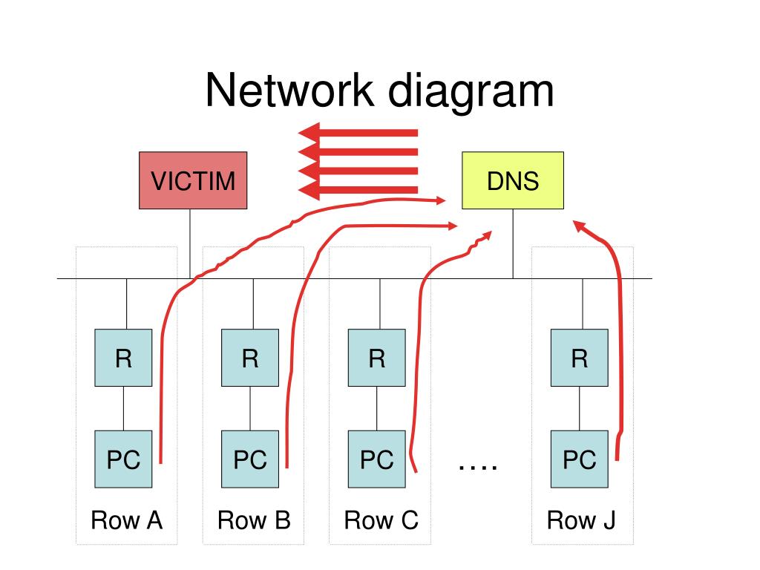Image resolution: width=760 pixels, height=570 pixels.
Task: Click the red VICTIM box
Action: (x=193, y=180)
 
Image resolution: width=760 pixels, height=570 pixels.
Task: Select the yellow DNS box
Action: (x=513, y=180)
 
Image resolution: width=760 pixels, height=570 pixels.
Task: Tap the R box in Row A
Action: (x=123, y=358)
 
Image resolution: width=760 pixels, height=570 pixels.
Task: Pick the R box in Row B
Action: (x=250, y=358)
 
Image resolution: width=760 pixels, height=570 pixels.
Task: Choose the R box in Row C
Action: (x=376, y=358)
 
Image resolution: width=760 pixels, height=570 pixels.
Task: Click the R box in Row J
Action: (x=579, y=358)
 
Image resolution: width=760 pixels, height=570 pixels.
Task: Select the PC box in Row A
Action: (x=123, y=459)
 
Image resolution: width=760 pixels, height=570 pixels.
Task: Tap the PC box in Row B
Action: (x=250, y=459)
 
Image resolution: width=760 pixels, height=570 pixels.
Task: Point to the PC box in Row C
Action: (x=376, y=459)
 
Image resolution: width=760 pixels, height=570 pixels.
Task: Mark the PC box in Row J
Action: (x=579, y=459)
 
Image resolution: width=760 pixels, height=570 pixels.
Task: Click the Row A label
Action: (x=126, y=520)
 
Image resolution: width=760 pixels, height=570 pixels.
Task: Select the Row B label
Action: (x=254, y=520)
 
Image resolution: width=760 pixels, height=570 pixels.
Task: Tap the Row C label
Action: (x=381, y=520)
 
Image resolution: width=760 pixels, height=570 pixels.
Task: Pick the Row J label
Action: (x=580, y=521)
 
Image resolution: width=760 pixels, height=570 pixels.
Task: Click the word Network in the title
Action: (x=290, y=90)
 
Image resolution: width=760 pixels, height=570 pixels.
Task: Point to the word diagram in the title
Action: (x=471, y=93)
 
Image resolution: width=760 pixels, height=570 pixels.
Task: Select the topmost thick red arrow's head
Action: (x=309, y=133)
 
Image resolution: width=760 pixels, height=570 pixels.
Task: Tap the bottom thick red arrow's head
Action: (x=309, y=190)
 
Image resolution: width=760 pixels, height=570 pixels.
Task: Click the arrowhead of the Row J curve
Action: (x=579, y=226)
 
